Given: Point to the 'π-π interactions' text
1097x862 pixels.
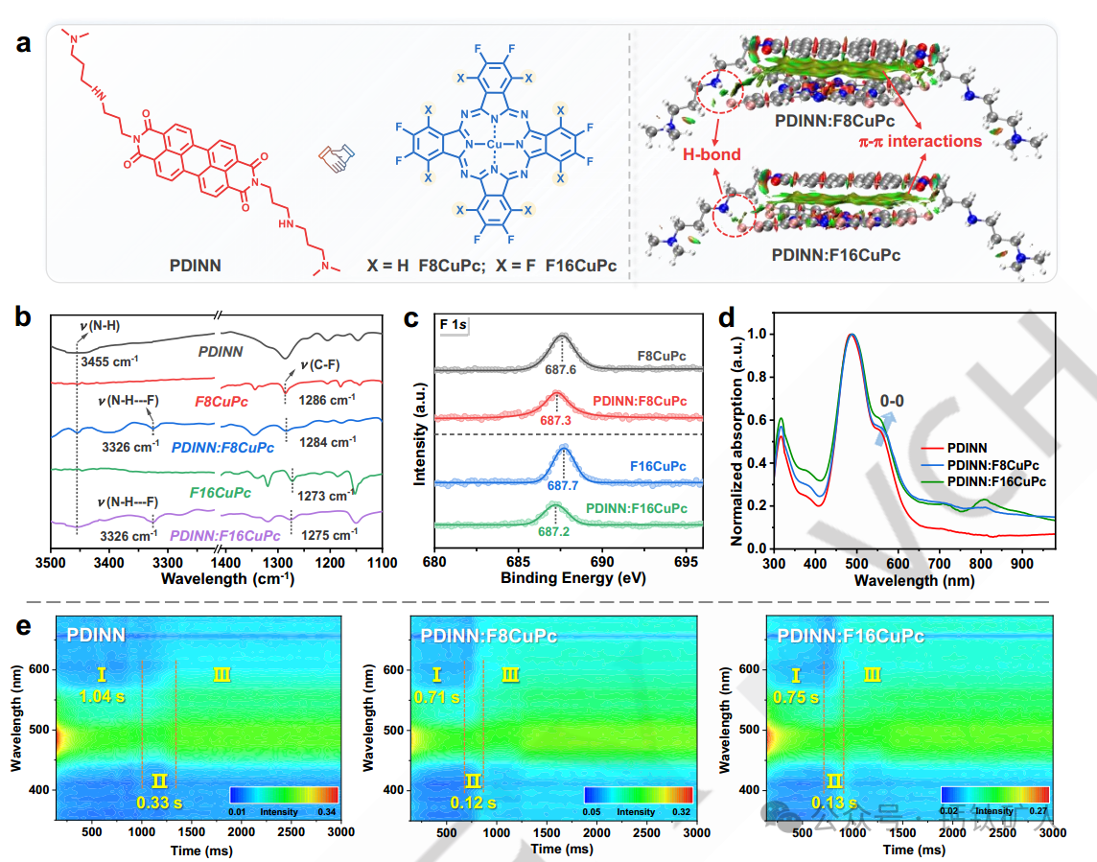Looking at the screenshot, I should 920,141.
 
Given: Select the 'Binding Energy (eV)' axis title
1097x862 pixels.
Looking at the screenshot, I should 568,579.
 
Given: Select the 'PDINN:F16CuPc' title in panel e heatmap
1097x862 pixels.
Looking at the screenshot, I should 851,636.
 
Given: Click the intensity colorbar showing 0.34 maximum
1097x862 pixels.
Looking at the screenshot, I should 284,795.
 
